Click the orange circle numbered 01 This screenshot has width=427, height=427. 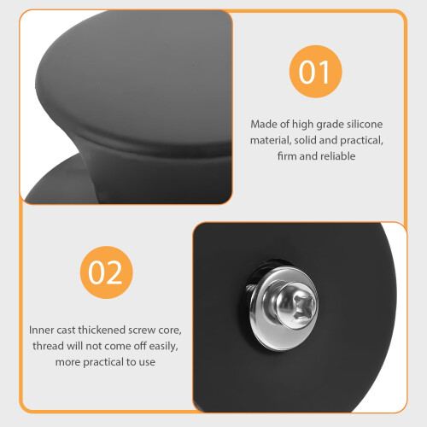point(315,72)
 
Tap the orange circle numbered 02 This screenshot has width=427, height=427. point(107,272)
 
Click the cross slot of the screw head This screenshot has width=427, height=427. point(302,307)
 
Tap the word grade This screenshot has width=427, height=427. point(330,125)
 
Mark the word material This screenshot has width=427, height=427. point(271,140)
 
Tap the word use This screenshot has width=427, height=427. point(147,362)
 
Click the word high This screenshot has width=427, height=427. point(302,125)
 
